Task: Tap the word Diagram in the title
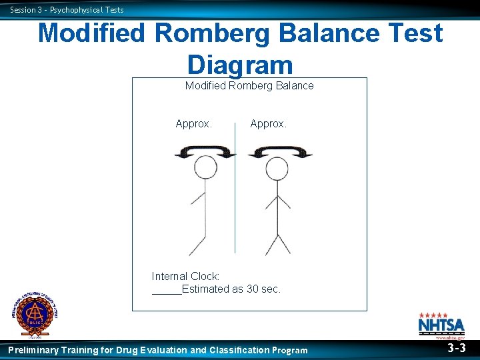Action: click(x=240, y=64)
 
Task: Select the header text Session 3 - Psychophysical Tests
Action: click(x=67, y=9)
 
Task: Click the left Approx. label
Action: click(x=194, y=123)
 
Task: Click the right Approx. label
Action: click(x=269, y=123)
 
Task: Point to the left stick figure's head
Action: click(x=206, y=169)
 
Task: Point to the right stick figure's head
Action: click(x=277, y=169)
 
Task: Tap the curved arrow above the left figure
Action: click(x=205, y=153)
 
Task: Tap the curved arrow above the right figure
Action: click(x=280, y=153)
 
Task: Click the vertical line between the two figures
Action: click(x=235, y=193)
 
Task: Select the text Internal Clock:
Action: click(x=186, y=276)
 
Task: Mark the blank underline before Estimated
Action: click(x=167, y=291)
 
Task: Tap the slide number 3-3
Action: click(x=457, y=348)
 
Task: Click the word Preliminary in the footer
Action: click(x=33, y=350)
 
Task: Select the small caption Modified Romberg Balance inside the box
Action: click(x=249, y=85)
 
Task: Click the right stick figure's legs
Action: click(x=277, y=243)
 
